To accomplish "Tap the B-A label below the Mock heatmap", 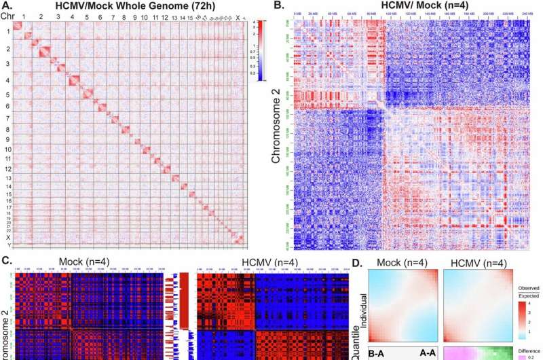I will click(x=379, y=354).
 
